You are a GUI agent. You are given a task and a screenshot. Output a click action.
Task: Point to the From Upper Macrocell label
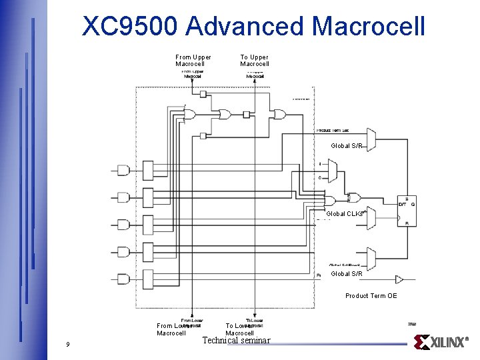pos(193,61)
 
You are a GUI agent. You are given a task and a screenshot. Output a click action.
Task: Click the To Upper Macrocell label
pos(255,61)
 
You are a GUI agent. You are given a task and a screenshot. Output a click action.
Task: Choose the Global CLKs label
pos(345,214)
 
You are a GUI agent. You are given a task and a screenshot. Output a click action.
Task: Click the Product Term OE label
pos(371,296)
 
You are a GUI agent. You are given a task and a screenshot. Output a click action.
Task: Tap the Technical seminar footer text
pos(237,341)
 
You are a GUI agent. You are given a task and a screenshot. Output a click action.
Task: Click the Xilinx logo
pos(442,342)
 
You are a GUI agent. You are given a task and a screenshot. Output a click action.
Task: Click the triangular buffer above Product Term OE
pos(399,279)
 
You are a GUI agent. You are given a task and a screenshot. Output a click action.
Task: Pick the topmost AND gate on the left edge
pos(123,170)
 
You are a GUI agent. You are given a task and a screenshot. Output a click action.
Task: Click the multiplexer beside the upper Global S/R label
pos(371,139)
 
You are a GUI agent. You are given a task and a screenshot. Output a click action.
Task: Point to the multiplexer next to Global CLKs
pos(371,217)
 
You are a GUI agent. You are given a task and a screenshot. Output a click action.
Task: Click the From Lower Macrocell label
pos(172,329)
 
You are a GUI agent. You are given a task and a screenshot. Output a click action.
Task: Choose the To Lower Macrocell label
pos(240,329)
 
